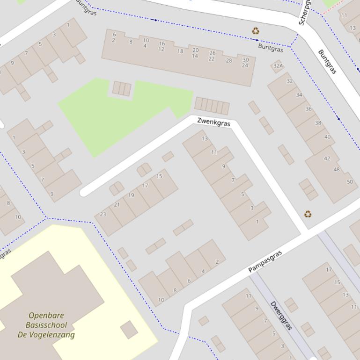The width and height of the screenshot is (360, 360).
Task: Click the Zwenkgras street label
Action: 213,122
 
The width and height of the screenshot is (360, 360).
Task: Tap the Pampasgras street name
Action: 265,261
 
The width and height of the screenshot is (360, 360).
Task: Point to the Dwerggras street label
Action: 281,316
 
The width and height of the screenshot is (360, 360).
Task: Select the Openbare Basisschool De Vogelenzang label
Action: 46,325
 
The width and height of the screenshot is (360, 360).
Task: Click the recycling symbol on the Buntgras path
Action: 256,31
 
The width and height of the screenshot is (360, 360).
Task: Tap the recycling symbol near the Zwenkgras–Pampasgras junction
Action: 308,214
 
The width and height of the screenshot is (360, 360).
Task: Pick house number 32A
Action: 278,65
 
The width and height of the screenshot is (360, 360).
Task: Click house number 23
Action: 103,215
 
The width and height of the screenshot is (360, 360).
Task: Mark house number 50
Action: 350,181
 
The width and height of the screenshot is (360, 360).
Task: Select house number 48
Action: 337,169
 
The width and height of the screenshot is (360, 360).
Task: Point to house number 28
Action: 229,60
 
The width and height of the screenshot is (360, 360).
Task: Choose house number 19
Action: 131,195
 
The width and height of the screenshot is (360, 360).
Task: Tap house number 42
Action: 327,158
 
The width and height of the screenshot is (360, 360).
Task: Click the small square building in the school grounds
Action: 129,330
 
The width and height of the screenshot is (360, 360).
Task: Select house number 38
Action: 318,123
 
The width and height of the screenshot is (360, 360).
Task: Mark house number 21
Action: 117,205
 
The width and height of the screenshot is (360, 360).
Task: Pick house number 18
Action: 180,51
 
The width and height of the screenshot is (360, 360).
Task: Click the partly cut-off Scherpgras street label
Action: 304,13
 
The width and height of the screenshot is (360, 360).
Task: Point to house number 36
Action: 308,109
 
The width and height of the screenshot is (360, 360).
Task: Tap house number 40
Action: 327,137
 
